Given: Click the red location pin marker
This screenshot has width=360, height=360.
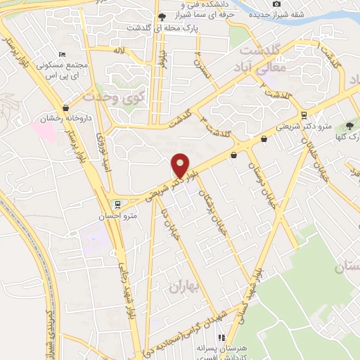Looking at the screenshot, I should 181,165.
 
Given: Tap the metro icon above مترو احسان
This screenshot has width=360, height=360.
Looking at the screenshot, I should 117,205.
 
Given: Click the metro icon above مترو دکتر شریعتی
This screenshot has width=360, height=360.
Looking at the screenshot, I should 303,115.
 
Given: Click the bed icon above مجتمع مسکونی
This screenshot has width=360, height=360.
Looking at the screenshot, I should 63,55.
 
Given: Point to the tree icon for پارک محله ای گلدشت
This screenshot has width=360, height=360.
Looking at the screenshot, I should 162,17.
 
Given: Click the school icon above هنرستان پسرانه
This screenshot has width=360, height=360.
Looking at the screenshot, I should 222,337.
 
